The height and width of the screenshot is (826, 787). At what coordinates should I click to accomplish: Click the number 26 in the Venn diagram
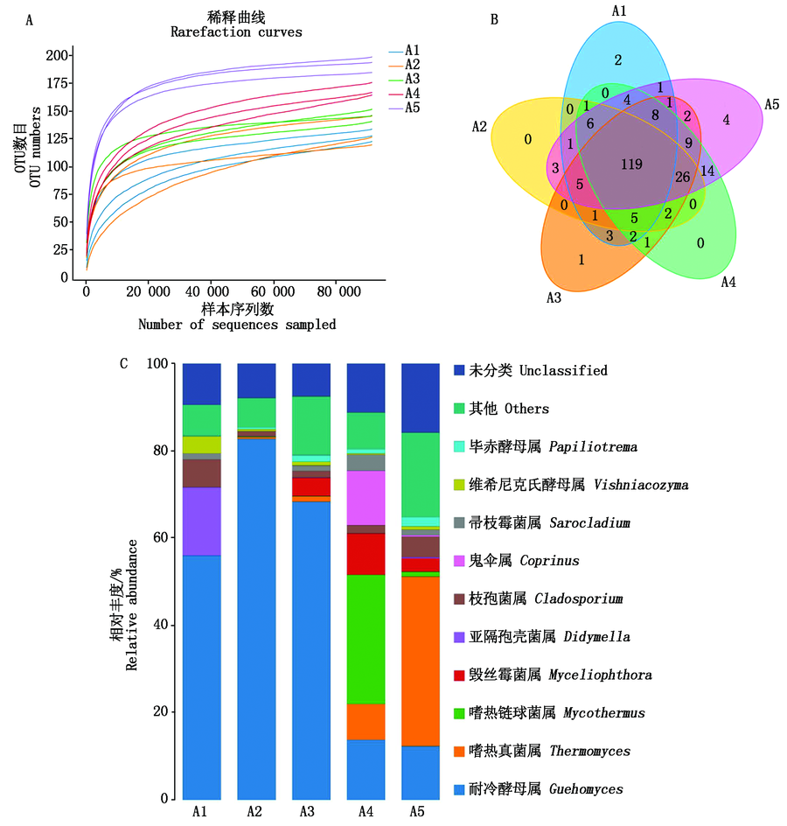coord(684,177)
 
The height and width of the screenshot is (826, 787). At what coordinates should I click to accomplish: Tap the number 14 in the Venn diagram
coord(708,171)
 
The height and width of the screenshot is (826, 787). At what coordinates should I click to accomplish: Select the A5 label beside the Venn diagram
coord(772,102)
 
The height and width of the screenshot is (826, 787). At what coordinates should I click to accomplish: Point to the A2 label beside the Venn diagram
coord(478,127)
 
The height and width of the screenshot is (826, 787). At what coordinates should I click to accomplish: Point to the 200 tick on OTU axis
coord(55,55)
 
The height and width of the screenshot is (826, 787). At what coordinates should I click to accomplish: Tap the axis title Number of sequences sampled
coord(236,324)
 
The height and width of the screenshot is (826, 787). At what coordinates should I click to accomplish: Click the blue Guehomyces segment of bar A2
coord(254,612)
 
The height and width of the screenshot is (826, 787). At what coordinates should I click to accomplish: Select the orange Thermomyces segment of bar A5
coord(420,661)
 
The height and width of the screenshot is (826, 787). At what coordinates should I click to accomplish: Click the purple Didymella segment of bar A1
coord(201,521)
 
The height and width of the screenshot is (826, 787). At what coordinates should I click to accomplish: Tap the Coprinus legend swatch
coord(460,561)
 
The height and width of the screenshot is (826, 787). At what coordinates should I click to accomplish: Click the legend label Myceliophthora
coord(585,675)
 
